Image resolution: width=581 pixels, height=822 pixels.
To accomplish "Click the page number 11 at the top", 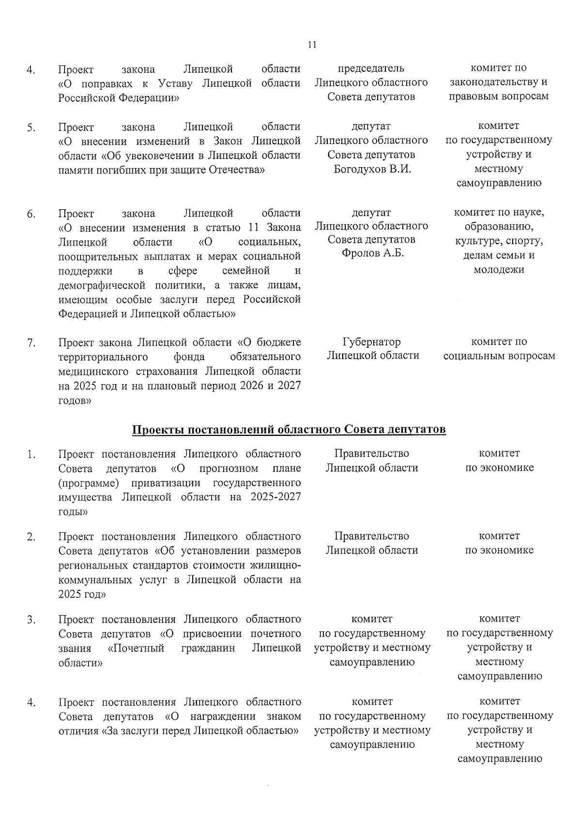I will pyautogui.click(x=312, y=45).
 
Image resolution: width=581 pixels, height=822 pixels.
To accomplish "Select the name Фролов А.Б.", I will pyautogui.click(x=372, y=253).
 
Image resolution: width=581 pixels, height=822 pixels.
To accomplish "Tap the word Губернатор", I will pyautogui.click(x=372, y=342).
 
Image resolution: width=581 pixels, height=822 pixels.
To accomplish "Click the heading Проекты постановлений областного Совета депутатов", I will pyautogui.click(x=289, y=430).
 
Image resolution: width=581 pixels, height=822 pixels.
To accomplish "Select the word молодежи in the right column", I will pyautogui.click(x=499, y=269).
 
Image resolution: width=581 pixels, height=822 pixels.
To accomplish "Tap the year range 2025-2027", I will pyautogui.click(x=275, y=497).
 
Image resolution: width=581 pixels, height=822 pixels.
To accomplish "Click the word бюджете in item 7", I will pyautogui.click(x=278, y=342).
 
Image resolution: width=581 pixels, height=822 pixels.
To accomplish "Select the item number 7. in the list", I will pyautogui.click(x=31, y=343).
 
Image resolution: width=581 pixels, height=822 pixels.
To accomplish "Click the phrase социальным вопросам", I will pyautogui.click(x=499, y=357).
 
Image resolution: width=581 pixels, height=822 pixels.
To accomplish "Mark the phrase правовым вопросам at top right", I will pyautogui.click(x=499, y=96).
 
